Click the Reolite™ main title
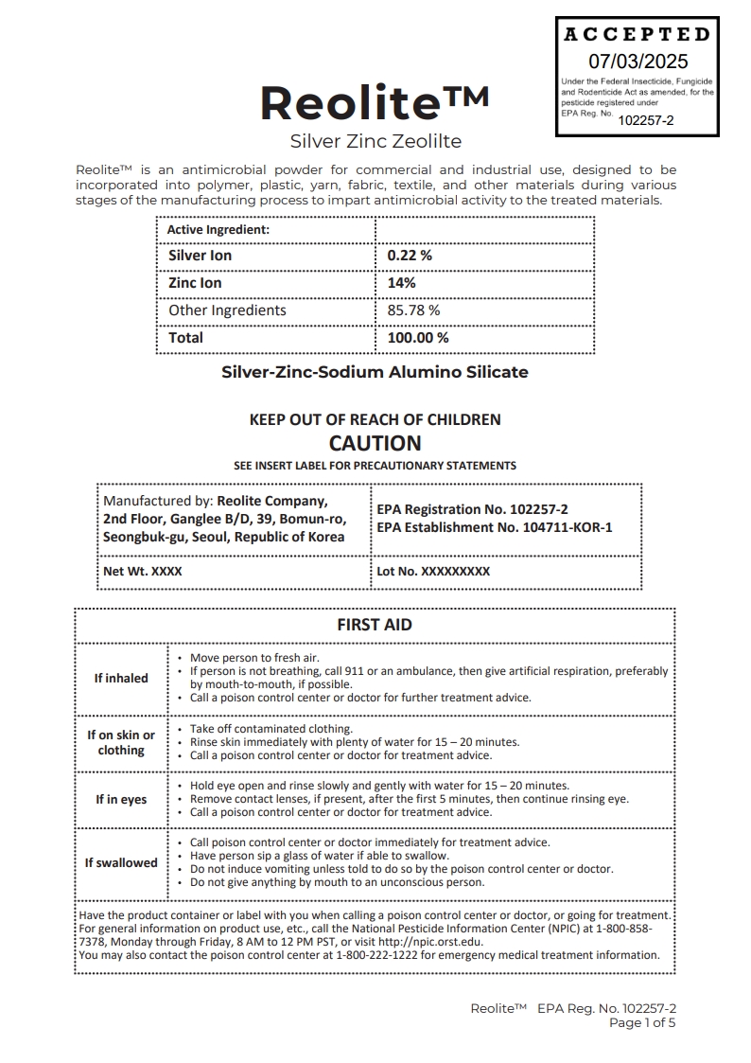click(x=375, y=103)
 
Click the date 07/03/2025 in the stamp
click(x=638, y=62)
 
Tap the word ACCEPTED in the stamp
click(x=637, y=35)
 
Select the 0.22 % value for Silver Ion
click(x=410, y=256)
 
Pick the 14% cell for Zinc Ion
click(x=401, y=283)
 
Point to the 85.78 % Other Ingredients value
click(x=413, y=310)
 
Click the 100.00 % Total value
click(x=418, y=338)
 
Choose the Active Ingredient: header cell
click(x=218, y=230)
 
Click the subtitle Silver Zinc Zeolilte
click(x=375, y=142)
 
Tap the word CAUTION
click(x=375, y=443)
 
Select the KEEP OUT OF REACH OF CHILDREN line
click(x=375, y=419)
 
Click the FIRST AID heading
click(x=375, y=625)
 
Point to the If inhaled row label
click(x=121, y=679)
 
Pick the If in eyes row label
click(x=121, y=800)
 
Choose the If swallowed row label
click(x=121, y=863)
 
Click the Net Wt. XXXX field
click(x=143, y=572)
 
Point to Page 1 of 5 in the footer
click(x=642, y=1023)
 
